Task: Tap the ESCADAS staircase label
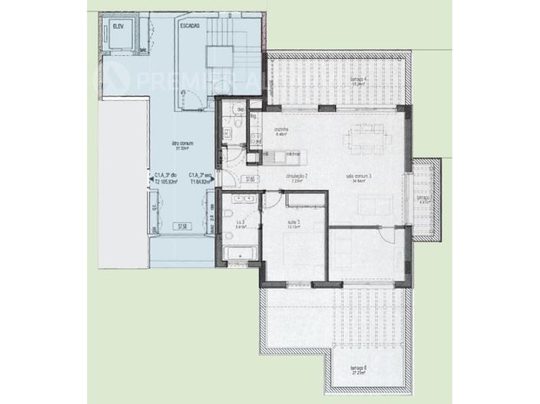[x=191, y=26]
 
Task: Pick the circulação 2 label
[x=296, y=178]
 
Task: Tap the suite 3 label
[x=294, y=223]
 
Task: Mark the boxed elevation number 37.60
[x=249, y=181]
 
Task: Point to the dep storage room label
[x=240, y=110]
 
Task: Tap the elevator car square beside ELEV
[x=121, y=38]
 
